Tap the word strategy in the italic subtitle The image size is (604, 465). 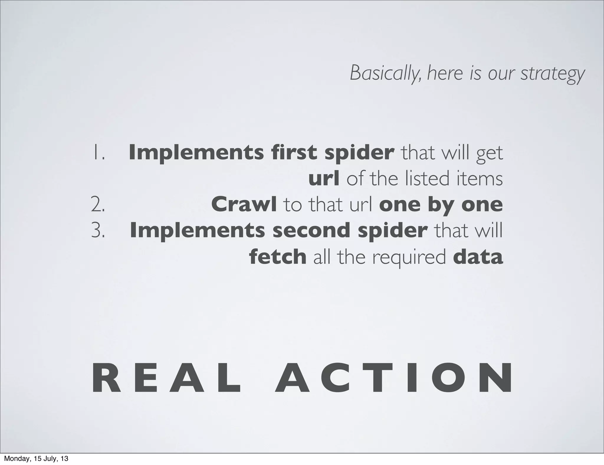[552, 74]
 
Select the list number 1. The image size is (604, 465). [98, 153]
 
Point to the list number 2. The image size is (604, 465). [98, 205]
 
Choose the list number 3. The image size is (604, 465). [98, 231]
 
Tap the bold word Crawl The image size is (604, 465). [244, 205]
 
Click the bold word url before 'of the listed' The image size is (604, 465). [324, 179]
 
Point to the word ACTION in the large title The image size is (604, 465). [394, 379]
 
